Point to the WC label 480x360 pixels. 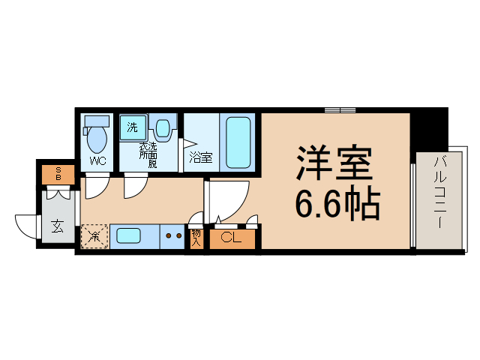(x=97, y=161)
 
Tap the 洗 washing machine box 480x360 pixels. (x=132, y=128)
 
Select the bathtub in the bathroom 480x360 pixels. (x=238, y=142)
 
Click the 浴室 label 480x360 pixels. (x=200, y=157)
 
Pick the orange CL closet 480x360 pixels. (x=232, y=239)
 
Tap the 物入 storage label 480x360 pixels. (x=196, y=238)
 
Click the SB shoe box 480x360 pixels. (x=58, y=174)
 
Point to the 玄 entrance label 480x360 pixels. (x=58, y=226)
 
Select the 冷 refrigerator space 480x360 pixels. (x=95, y=238)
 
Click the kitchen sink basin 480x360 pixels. (x=134, y=237)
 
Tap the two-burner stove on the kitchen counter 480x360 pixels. (x=174, y=237)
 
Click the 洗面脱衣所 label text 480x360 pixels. (x=148, y=154)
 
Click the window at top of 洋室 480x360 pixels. (x=340, y=110)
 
